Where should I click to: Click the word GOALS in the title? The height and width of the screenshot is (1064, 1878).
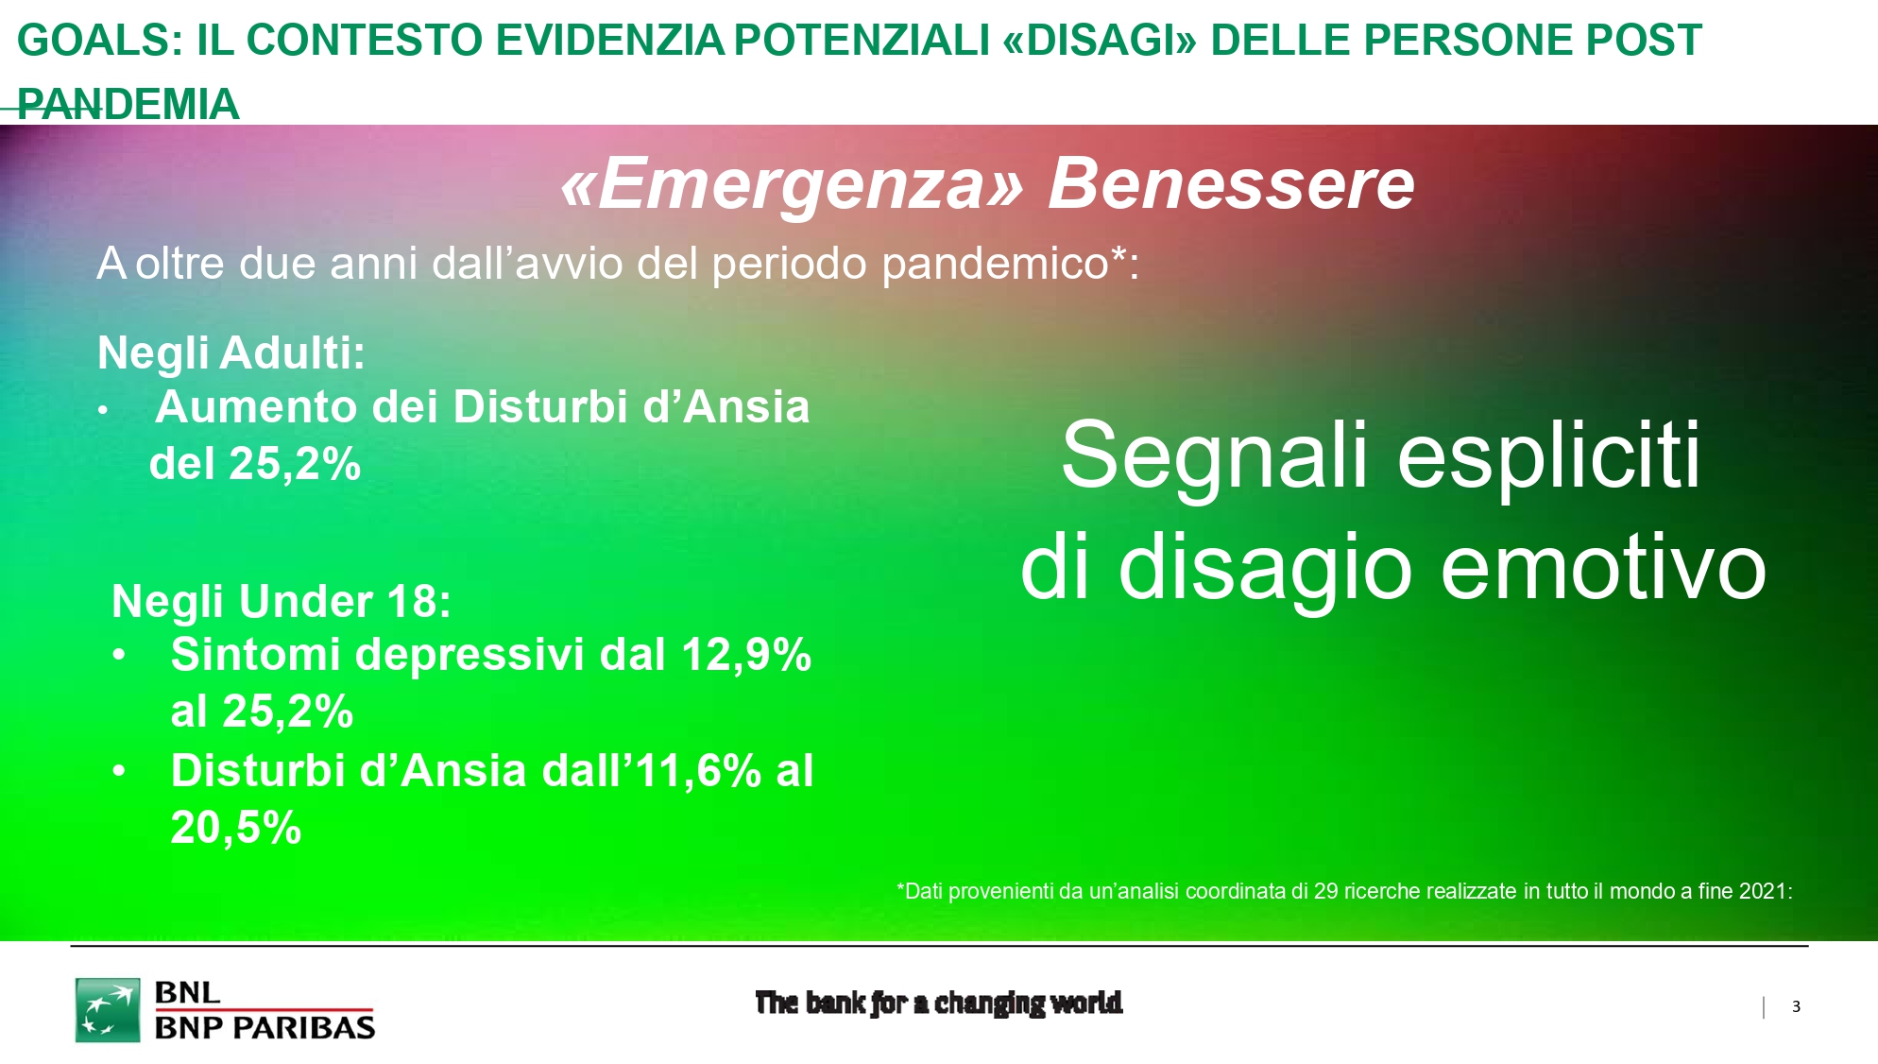point(100,41)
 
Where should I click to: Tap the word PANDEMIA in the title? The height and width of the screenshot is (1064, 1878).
point(128,104)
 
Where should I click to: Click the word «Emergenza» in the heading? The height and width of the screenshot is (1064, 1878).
point(793,183)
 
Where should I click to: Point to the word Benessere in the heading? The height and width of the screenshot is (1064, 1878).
point(1231,183)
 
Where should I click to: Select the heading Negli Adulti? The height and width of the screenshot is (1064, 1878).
point(231,352)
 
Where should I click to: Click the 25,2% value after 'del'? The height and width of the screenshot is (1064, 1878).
point(295,463)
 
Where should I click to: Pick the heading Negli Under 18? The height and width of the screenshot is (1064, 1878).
point(282,601)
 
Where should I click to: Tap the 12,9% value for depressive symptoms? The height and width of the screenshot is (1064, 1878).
point(746,654)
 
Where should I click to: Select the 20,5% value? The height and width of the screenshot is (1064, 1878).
point(236,828)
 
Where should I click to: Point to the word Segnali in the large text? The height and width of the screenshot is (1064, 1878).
point(1215,455)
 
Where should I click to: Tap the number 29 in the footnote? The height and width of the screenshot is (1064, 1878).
point(1325,891)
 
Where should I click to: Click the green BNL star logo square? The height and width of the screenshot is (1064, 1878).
point(108,1010)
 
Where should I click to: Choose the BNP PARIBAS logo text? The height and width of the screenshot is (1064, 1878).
point(265,1027)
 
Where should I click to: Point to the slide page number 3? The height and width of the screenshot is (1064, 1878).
point(1796,1007)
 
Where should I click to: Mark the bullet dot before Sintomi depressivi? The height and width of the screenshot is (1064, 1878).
point(119,655)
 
